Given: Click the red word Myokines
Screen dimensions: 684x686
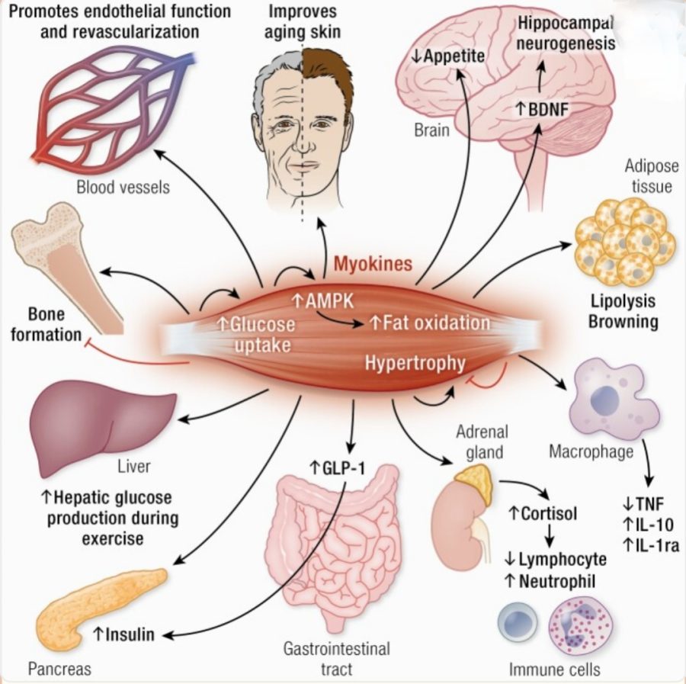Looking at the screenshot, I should tap(373, 265).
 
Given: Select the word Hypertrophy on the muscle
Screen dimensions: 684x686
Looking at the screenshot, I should tap(415, 362).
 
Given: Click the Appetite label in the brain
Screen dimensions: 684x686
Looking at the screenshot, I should tap(454, 56).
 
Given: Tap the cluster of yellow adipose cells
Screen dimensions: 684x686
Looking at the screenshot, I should tap(623, 240).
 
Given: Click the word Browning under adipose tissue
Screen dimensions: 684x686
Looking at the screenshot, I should tap(623, 321).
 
